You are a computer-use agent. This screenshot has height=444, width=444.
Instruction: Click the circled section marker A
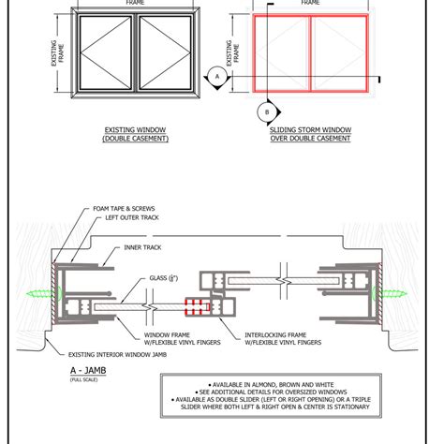(216, 74)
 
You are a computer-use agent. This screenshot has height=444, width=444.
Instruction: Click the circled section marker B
(267, 110)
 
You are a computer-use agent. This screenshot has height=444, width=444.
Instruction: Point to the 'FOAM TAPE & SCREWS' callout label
(124, 209)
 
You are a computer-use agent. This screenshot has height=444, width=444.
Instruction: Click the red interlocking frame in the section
(198, 304)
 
